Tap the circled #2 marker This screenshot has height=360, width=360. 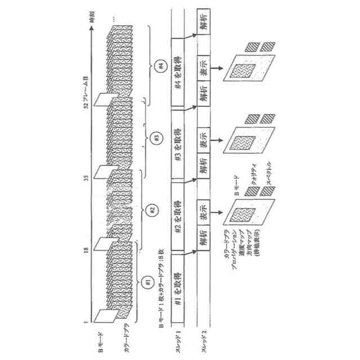tap(151, 210)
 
